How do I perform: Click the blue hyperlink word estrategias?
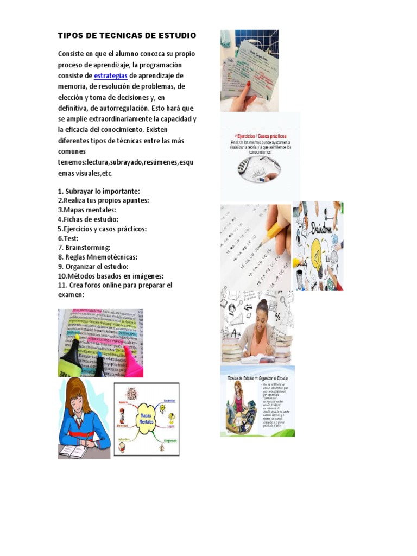click(x=111, y=75)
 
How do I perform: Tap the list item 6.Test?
click(x=68, y=238)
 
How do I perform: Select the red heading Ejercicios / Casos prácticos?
click(x=260, y=136)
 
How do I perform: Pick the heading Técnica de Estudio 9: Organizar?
click(x=257, y=377)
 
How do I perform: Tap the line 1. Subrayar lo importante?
click(x=98, y=191)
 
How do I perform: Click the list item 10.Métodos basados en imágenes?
click(x=110, y=276)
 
